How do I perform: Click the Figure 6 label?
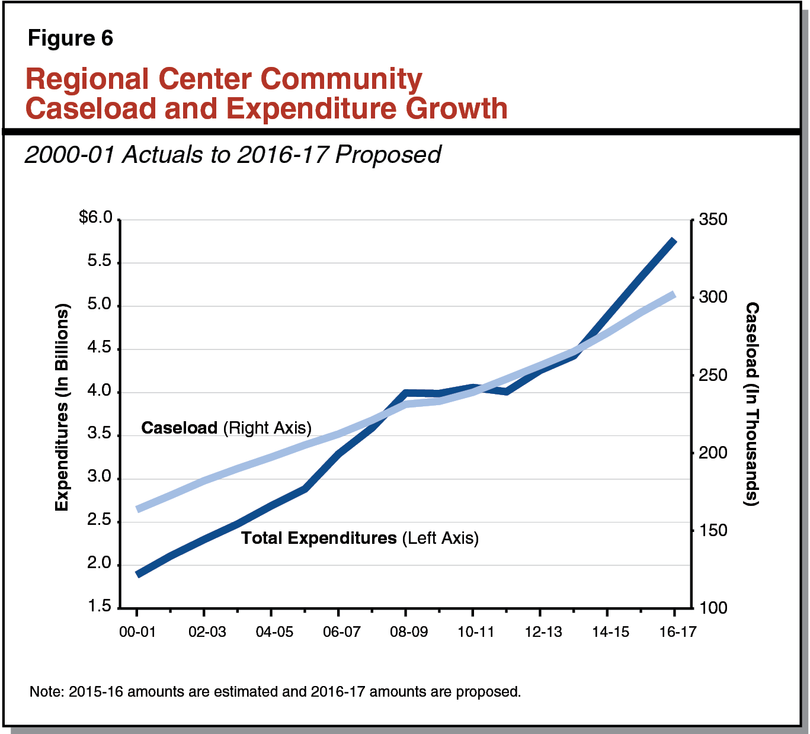(x=70, y=39)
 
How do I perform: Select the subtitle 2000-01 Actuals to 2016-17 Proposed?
(x=232, y=155)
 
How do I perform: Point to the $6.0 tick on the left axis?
(x=96, y=218)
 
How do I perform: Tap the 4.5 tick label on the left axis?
(x=99, y=348)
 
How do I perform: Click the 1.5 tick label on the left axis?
(x=99, y=607)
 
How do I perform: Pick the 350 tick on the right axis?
(x=713, y=220)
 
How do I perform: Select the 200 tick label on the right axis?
(x=713, y=453)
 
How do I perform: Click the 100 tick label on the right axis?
(x=713, y=608)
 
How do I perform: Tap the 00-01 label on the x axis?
(x=137, y=632)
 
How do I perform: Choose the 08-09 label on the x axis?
(x=408, y=632)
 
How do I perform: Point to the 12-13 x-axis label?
(x=543, y=632)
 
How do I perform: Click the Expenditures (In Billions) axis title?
(x=62, y=407)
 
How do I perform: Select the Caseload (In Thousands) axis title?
(x=751, y=403)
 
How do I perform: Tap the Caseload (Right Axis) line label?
(x=226, y=428)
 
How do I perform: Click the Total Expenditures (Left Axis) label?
(x=360, y=538)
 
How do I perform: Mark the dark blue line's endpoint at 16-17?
(x=674, y=241)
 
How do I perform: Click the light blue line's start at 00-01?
(x=137, y=509)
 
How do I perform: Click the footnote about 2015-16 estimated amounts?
(x=275, y=691)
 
